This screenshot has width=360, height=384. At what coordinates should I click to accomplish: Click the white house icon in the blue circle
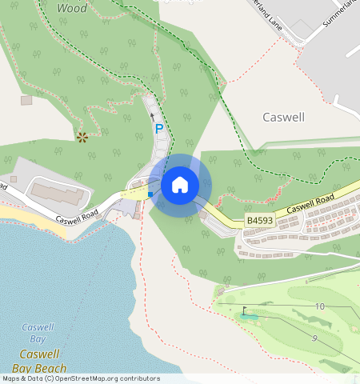[180, 185]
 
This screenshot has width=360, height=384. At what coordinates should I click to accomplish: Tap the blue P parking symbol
[158, 128]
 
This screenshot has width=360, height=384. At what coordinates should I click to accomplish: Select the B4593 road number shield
[258, 220]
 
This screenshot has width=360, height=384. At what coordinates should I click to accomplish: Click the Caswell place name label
[283, 117]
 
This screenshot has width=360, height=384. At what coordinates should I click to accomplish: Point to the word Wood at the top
[73, 7]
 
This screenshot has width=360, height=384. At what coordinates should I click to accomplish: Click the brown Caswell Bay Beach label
[43, 361]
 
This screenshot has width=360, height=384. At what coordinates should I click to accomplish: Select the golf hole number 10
[319, 306]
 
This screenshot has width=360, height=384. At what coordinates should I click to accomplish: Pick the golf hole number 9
[314, 338]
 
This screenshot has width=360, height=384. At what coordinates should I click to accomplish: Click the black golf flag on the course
[245, 310]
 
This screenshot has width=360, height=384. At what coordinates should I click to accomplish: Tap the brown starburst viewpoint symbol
[82, 137]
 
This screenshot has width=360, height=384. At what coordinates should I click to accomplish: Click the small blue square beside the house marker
[150, 194]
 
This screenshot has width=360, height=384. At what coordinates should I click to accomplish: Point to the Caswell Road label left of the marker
[77, 214]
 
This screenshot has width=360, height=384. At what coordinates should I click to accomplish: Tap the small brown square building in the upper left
[26, 100]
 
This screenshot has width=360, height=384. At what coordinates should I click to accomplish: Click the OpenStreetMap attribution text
[80, 378]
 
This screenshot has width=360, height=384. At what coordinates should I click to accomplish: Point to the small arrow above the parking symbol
[153, 117]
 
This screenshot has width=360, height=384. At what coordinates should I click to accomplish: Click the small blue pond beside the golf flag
[250, 317]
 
